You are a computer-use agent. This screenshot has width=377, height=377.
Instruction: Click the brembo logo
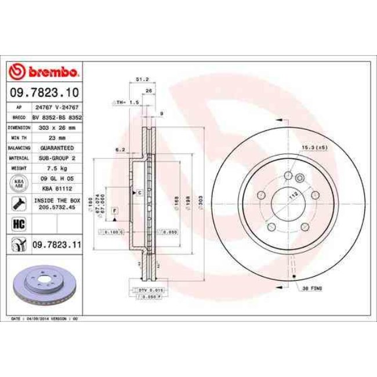(45, 72)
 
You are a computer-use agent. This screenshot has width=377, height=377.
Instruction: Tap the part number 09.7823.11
(56, 244)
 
